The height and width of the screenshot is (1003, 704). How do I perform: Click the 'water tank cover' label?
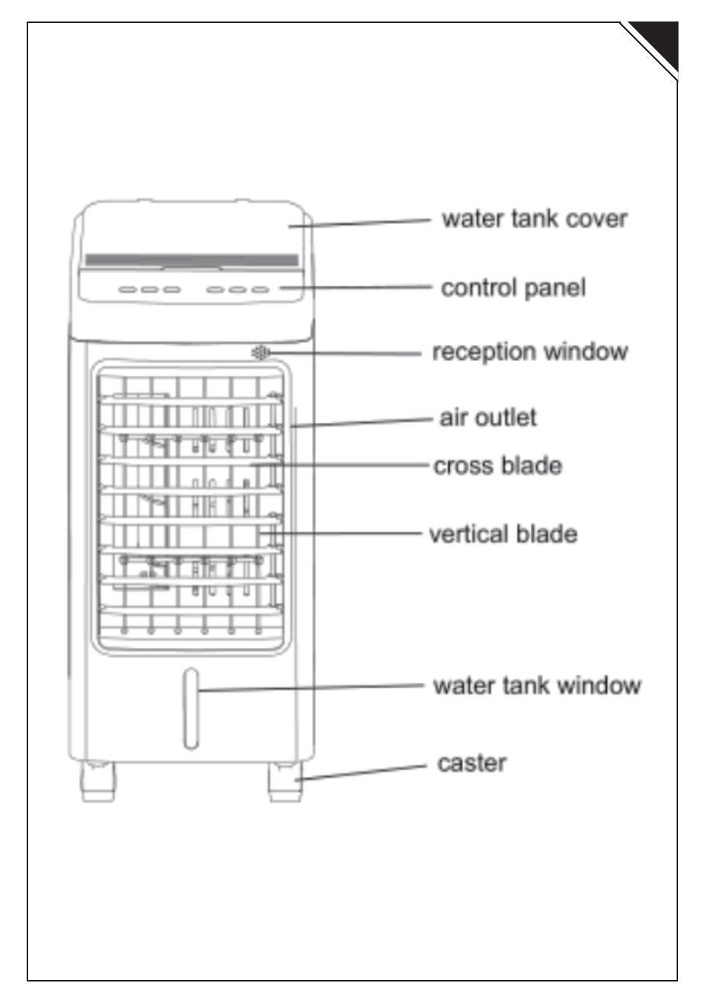click(534, 219)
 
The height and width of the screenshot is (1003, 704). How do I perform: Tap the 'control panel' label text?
click(513, 288)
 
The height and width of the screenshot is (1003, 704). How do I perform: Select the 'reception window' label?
click(529, 351)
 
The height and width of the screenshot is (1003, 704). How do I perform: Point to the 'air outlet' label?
click(488, 417)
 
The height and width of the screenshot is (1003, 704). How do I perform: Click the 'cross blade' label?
click(497, 466)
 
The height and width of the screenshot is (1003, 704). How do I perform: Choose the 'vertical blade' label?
click(502, 534)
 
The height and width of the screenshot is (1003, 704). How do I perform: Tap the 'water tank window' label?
click(537, 685)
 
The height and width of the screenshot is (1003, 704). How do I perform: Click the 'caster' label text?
click(472, 763)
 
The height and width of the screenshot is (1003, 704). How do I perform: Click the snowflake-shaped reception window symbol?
click(260, 353)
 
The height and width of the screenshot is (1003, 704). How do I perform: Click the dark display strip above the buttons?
click(191, 260)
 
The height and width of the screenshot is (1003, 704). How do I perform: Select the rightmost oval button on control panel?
click(259, 289)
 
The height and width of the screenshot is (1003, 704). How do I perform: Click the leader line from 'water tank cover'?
click(359, 222)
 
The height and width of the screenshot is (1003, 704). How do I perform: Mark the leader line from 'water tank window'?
click(311, 688)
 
